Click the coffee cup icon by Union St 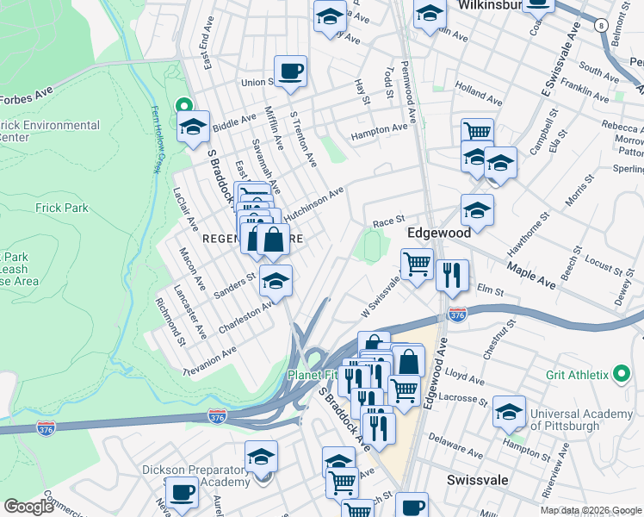pyautogui.click(x=290, y=71)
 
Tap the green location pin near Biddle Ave pyautogui.click(x=182, y=105)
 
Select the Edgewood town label pyautogui.click(x=438, y=233)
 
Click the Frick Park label pyautogui.click(x=62, y=208)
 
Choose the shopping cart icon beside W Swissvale pyautogui.click(x=418, y=265)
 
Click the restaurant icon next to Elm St pyautogui.click(x=452, y=275)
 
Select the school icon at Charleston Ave pyautogui.click(x=275, y=281)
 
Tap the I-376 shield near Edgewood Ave pyautogui.click(x=457, y=316)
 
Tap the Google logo pyautogui.click(x=28, y=507)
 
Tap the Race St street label pyautogui.click(x=388, y=222)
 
